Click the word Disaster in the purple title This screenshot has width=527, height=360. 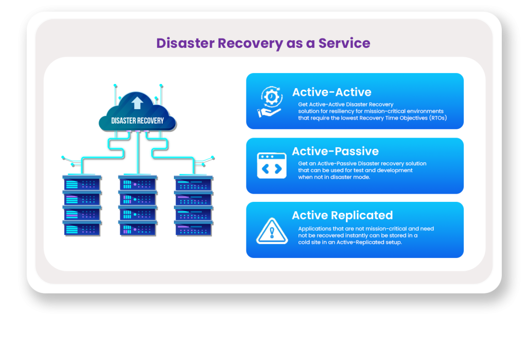(185, 43)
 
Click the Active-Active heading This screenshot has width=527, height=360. (332, 92)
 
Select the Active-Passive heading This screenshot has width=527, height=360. (335, 151)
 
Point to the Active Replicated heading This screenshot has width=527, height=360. (342, 215)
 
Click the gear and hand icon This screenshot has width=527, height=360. (270, 101)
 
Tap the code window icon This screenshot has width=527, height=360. (272, 165)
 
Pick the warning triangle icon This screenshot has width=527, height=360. (272, 231)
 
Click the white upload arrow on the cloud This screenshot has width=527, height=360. (137, 103)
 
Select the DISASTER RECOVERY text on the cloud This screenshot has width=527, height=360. (137, 121)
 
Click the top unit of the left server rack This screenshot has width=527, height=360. (82, 183)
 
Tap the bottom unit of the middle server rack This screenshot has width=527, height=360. (138, 229)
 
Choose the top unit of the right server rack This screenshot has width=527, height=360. (194, 183)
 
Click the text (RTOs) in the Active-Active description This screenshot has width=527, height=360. (438, 118)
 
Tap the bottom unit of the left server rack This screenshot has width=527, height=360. (82, 229)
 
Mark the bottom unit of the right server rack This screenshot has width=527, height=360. (194, 229)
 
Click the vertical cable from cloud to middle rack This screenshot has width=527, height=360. (138, 153)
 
